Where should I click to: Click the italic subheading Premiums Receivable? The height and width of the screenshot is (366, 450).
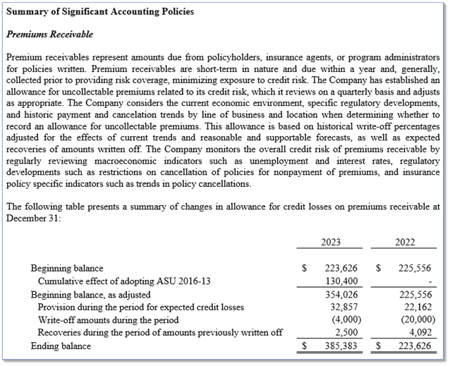click(x=49, y=34)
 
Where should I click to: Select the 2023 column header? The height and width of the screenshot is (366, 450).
click(x=330, y=242)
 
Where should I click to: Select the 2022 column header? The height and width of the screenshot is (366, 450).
click(x=405, y=242)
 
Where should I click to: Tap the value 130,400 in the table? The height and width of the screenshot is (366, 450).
click(x=336, y=281)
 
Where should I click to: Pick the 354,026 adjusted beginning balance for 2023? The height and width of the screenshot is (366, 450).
click(x=336, y=294)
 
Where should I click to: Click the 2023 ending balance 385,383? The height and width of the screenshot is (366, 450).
click(x=336, y=347)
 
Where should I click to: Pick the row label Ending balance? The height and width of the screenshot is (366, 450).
click(x=61, y=346)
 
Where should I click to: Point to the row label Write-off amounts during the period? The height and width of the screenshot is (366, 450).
click(x=108, y=320)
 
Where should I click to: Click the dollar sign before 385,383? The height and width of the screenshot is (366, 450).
click(x=304, y=347)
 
